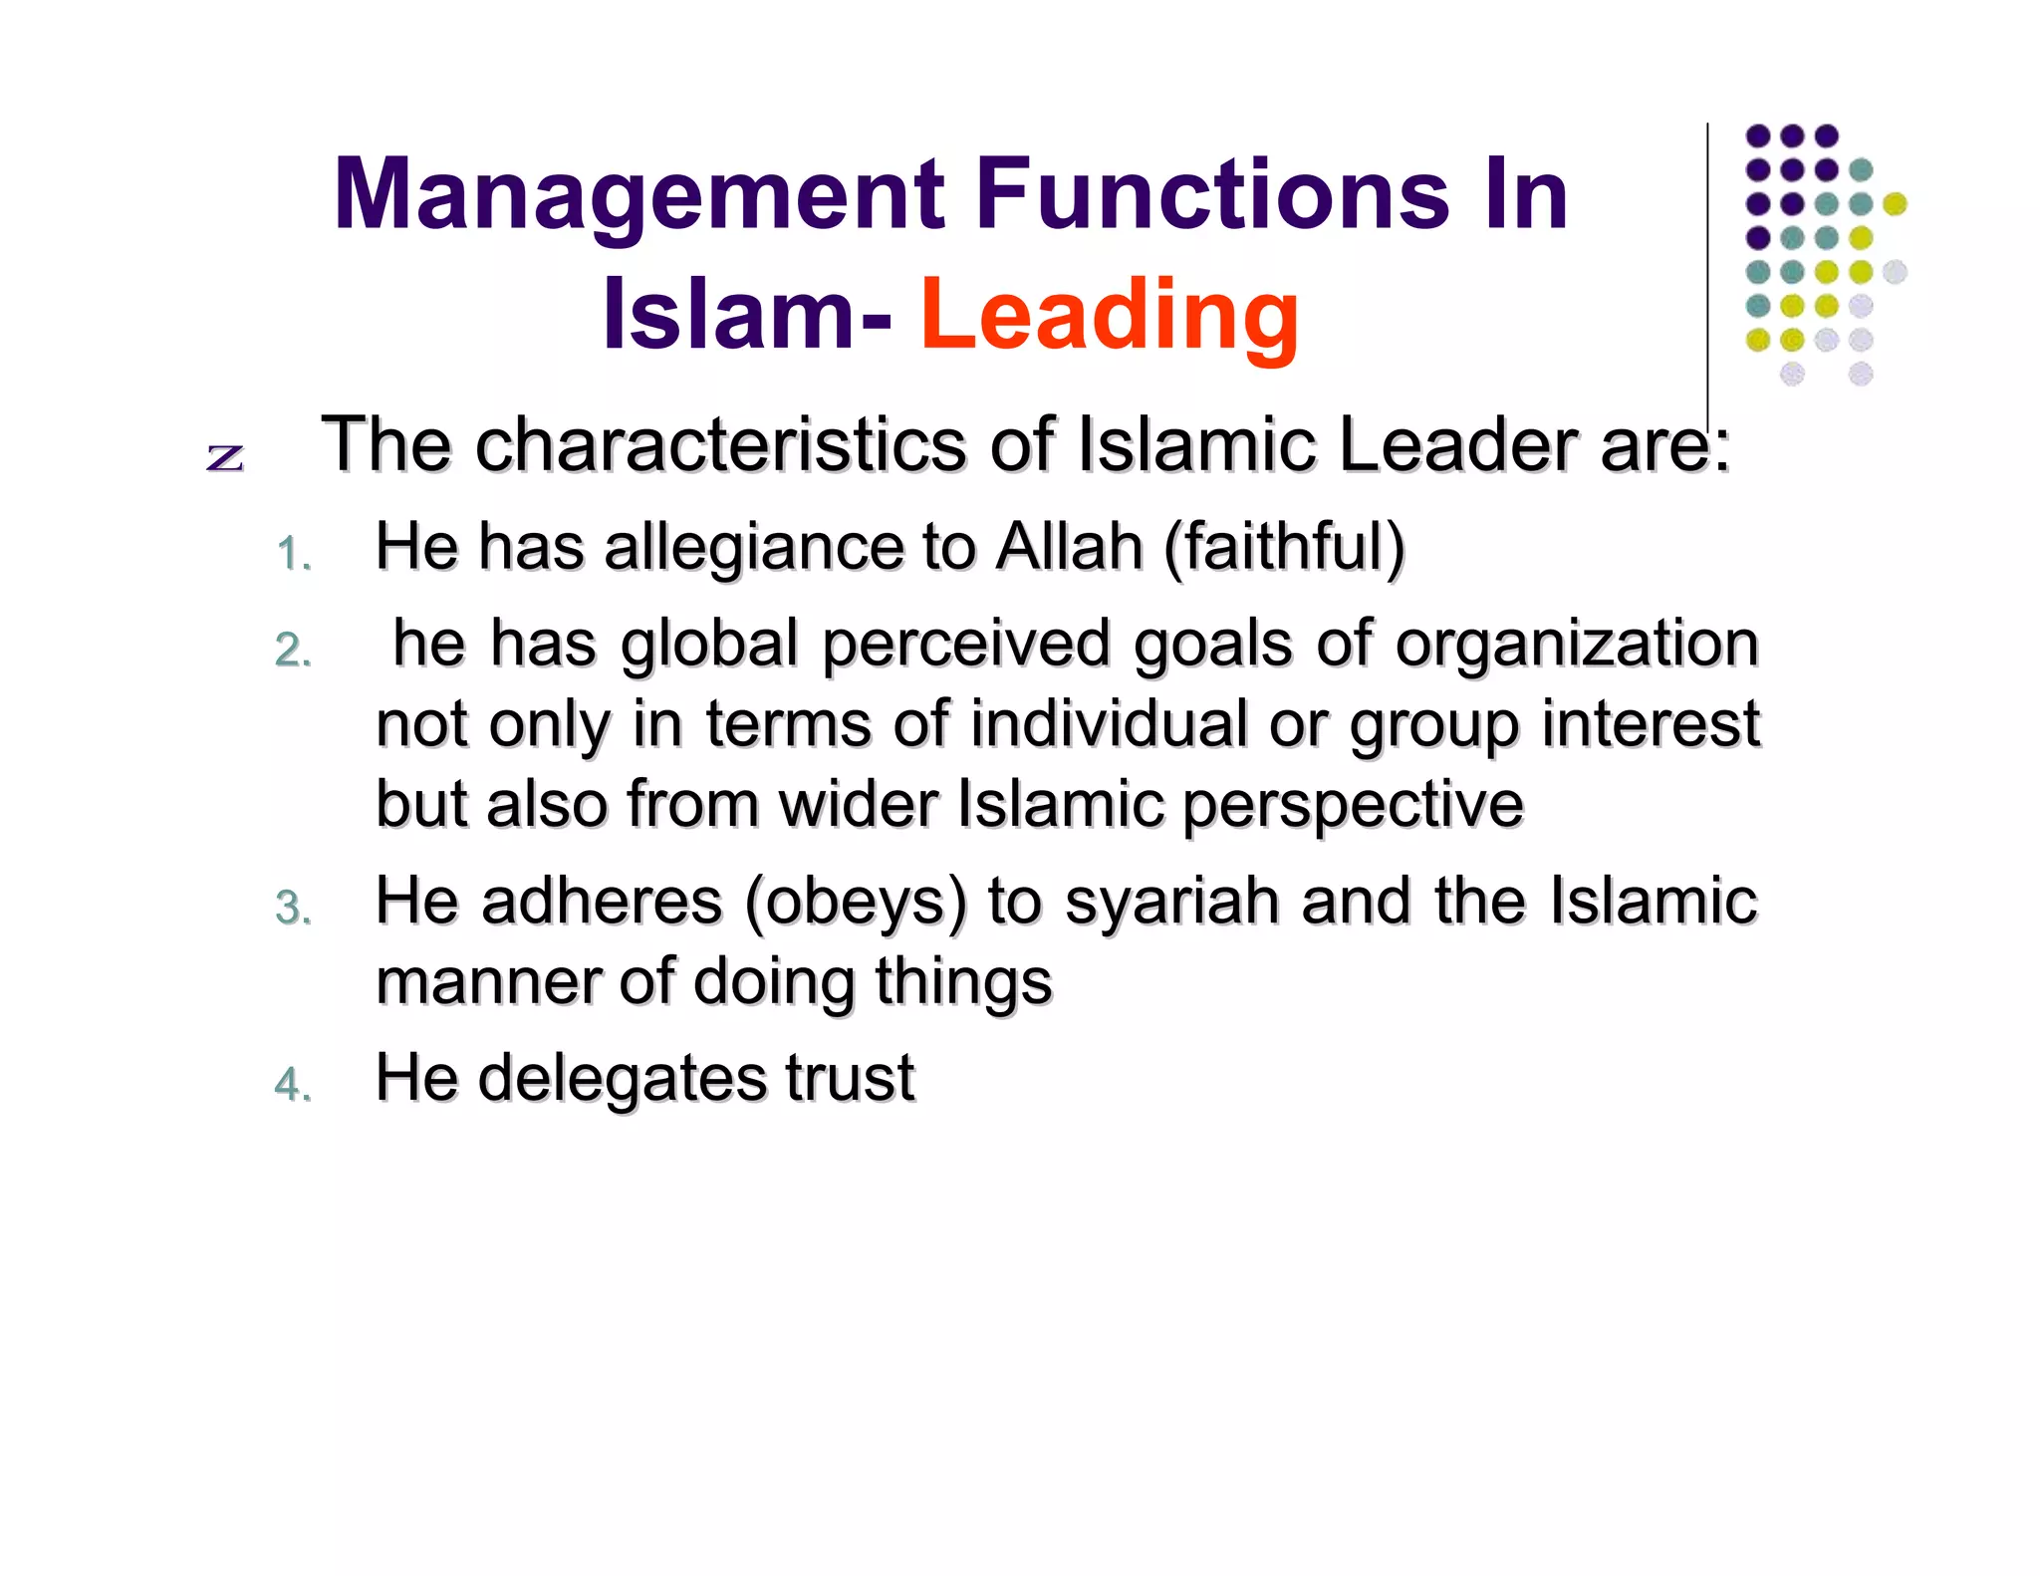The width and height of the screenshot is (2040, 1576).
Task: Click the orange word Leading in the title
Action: click(1109, 315)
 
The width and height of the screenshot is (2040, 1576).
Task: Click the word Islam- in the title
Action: click(747, 315)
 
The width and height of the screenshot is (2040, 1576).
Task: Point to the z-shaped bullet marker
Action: click(225, 456)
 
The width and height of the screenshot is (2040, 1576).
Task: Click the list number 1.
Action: click(293, 554)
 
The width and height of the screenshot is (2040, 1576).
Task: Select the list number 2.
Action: click(293, 651)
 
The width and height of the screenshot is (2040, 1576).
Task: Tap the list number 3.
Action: click(293, 908)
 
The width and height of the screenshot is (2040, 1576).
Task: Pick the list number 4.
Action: click(293, 1084)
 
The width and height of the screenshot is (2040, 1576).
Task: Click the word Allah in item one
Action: click(1069, 547)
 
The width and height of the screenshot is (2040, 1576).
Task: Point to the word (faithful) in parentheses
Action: click(1284, 547)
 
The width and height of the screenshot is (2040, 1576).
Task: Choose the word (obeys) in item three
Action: click(856, 902)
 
